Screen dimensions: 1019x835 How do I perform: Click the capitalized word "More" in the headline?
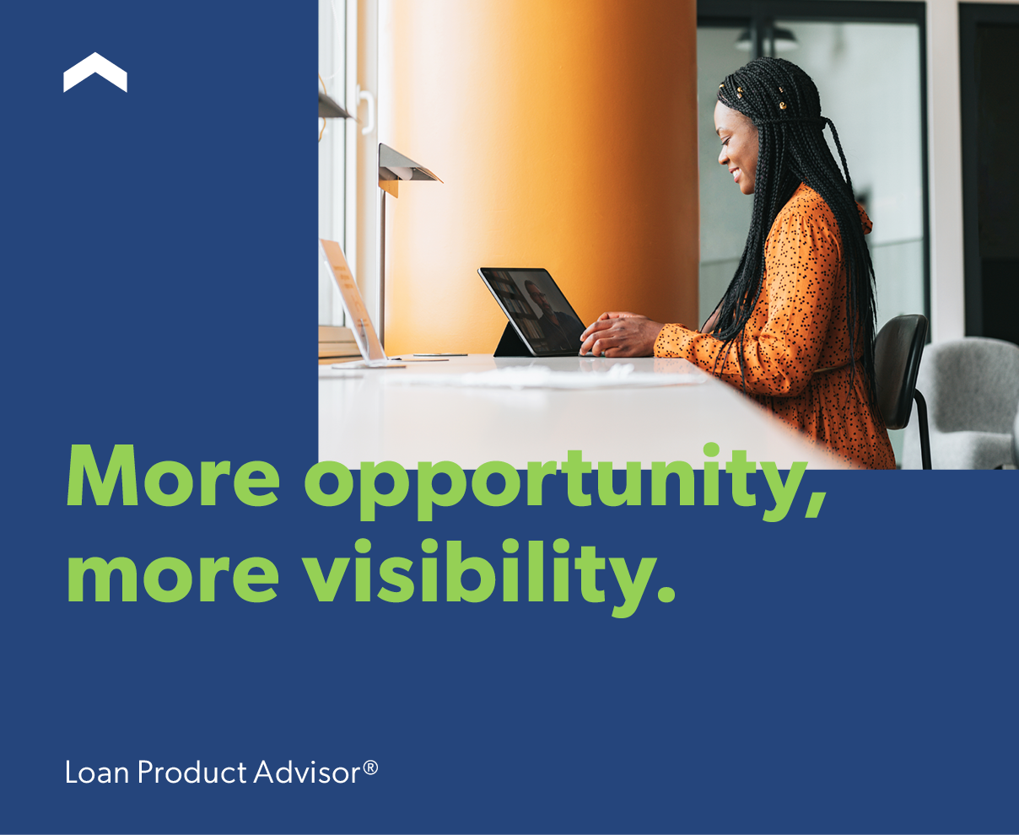(x=173, y=476)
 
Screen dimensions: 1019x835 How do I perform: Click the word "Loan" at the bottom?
(x=97, y=773)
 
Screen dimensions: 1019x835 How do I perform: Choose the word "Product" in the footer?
(x=192, y=773)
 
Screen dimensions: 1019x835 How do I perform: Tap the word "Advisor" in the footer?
(x=307, y=773)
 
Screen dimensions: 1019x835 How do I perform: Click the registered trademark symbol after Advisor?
(x=370, y=768)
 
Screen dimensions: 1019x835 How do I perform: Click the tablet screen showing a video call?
(x=532, y=310)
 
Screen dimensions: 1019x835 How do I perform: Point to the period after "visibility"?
(x=666, y=593)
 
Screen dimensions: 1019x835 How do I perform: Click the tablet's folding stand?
(x=509, y=341)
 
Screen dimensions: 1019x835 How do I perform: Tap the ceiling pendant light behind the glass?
(x=766, y=40)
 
